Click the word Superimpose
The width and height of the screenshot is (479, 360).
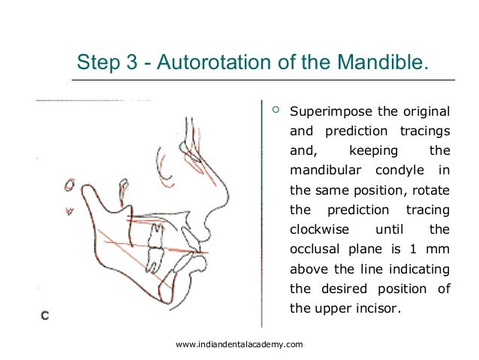tap(331, 113)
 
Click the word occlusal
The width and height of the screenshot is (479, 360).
tap(315, 249)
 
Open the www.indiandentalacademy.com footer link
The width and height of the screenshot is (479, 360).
tap(239, 344)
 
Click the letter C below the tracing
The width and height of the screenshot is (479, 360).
tap(45, 316)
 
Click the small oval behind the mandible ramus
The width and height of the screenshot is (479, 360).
tap(68, 184)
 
